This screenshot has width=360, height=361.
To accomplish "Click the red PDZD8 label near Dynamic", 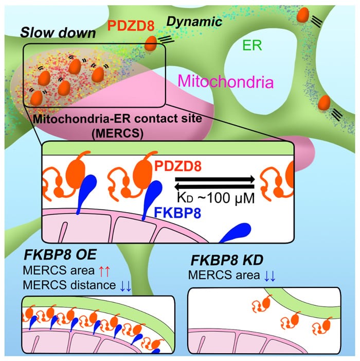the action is point(131,26).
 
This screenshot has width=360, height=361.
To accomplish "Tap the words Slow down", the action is point(58,32).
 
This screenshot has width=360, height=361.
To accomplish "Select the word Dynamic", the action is point(194,22).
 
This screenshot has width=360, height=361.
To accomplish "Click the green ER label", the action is point(252,45).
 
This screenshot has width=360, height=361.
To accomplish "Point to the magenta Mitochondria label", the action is point(226,81).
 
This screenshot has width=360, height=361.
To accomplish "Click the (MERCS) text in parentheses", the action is point(117,133).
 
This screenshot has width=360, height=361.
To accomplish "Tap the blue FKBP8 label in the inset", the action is point(177,213).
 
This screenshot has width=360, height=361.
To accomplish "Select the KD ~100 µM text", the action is point(216,198).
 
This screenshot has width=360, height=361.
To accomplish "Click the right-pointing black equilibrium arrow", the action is point(215,179).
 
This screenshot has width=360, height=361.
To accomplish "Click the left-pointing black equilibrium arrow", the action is point(214,186).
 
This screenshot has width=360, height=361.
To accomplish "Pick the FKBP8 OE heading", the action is point(60,255).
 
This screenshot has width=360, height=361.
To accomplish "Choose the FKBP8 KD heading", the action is point(227,261).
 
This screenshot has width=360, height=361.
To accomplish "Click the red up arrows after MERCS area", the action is point(104,271).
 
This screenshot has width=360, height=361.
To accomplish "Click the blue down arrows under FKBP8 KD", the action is point(269,276).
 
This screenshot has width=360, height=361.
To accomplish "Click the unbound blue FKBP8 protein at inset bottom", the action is point(236,233).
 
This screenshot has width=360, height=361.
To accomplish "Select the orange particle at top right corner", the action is point(303,15).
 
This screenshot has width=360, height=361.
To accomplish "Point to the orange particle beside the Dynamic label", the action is point(151,43).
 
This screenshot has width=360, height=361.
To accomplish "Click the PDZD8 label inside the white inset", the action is point(178,166).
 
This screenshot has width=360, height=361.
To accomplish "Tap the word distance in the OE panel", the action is point(93,285).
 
